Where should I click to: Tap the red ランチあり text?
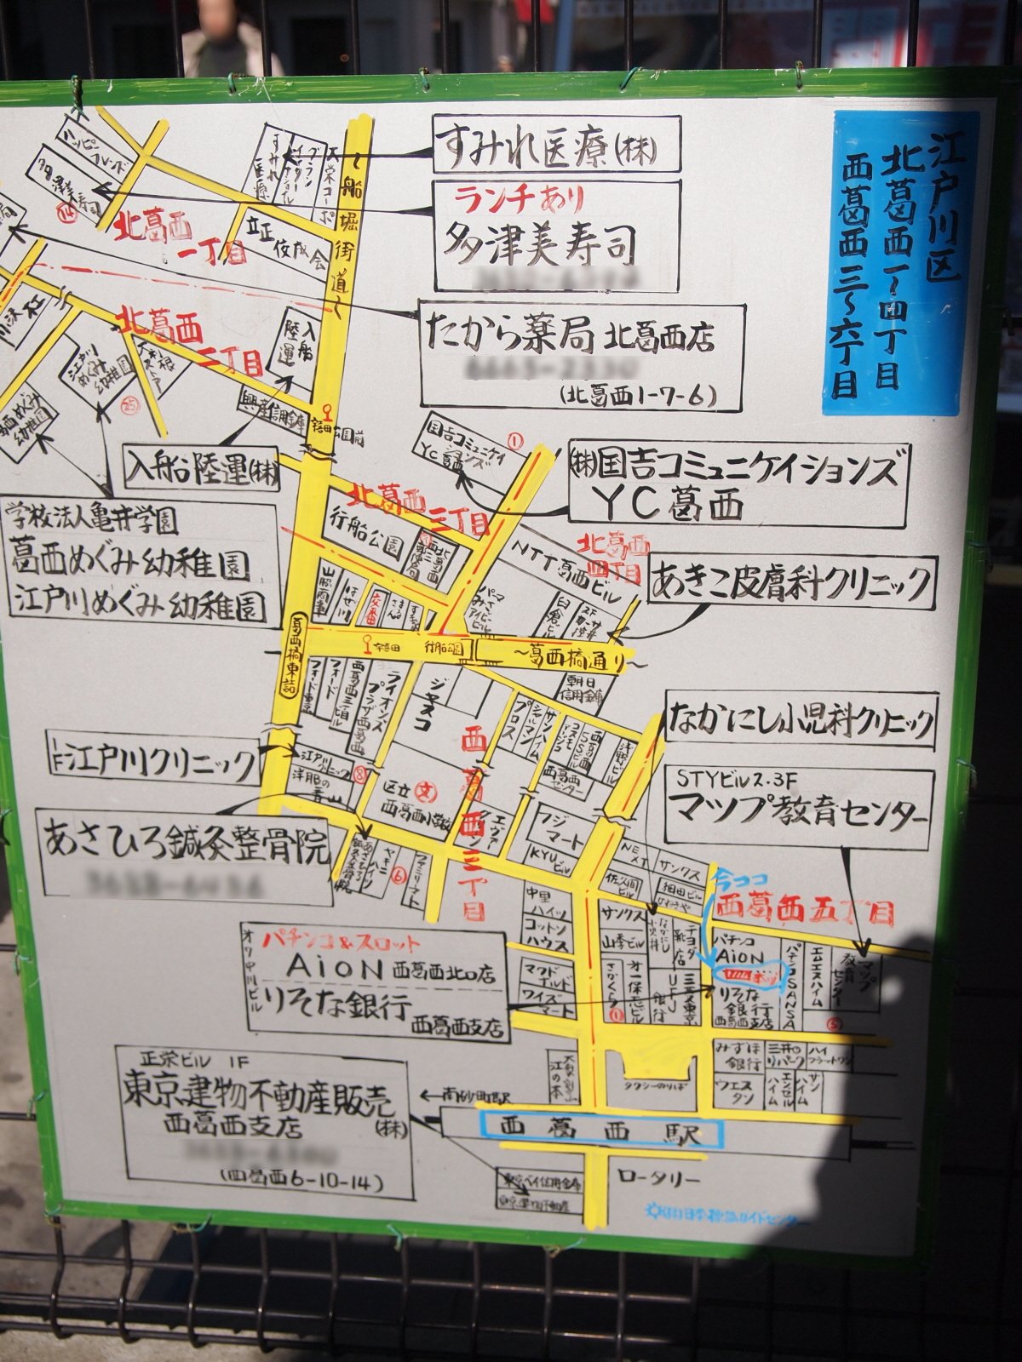(519, 199)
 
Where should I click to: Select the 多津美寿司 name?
(539, 243)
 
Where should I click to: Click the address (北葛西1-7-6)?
(638, 395)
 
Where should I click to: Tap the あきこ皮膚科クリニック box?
(792, 583)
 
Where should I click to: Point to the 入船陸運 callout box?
(202, 470)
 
